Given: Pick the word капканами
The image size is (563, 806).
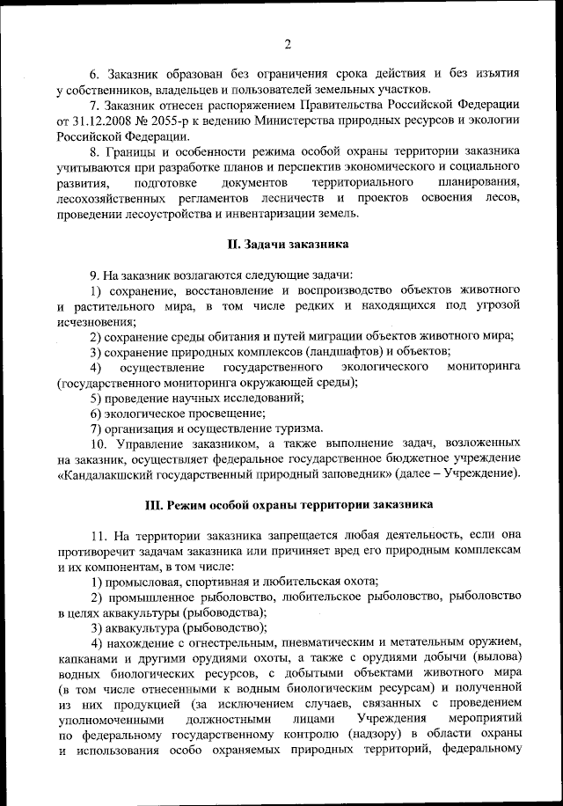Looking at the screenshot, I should pyautogui.click(x=86, y=658).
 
